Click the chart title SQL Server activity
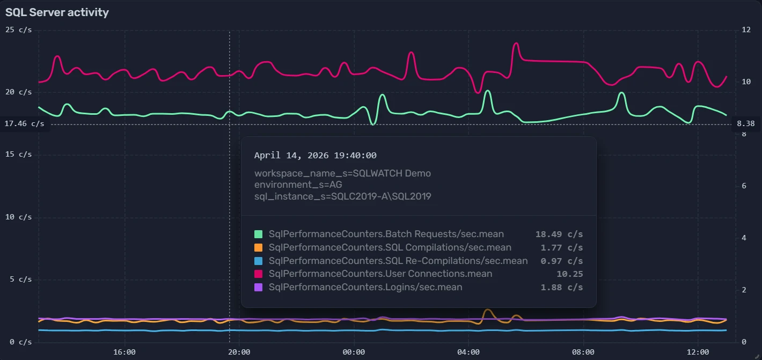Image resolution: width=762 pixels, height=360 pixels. (x=57, y=12)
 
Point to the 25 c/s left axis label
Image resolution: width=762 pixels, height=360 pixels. (x=18, y=30)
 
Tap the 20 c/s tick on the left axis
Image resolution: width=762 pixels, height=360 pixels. (x=18, y=92)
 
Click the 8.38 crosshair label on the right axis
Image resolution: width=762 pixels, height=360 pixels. (x=746, y=124)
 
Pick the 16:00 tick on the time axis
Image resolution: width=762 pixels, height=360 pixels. (x=124, y=352)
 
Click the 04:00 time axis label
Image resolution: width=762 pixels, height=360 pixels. (x=468, y=352)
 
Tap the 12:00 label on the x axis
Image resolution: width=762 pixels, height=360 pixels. (x=698, y=352)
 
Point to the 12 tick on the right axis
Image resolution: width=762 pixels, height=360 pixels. (x=746, y=30)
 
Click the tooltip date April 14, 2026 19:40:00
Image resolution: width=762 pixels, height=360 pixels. (x=316, y=156)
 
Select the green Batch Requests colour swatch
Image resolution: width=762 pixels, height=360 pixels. (x=259, y=234)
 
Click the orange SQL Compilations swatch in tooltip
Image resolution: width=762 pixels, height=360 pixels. (x=259, y=248)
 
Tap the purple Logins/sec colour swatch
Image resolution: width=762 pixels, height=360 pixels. (x=259, y=287)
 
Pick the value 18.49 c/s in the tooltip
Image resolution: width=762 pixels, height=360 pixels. (x=559, y=234)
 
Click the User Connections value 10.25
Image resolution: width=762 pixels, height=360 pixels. (x=570, y=274)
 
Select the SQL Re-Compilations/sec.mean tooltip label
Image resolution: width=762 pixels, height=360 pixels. (x=398, y=261)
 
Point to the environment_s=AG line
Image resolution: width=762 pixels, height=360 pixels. (x=298, y=185)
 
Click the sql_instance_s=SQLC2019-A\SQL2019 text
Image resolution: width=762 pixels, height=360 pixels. (x=343, y=196)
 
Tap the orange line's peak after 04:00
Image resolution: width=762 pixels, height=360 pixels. (x=487, y=310)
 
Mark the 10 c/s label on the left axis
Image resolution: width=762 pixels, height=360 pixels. (x=18, y=217)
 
